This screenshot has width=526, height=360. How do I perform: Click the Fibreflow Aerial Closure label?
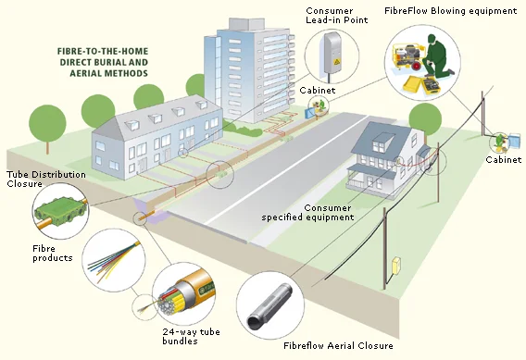tap(339, 345)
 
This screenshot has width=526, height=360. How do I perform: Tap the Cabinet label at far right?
tap(503, 159)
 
